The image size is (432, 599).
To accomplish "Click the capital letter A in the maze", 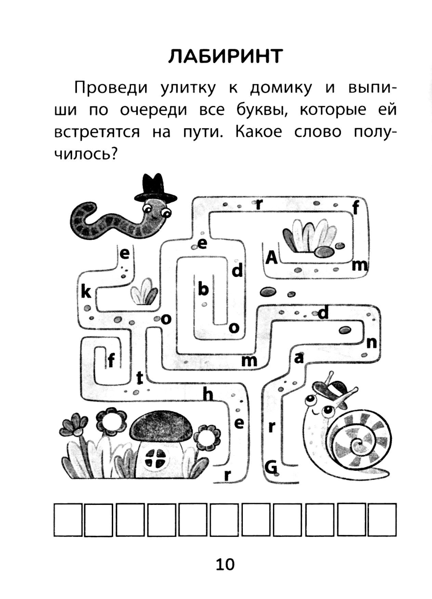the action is click(x=271, y=258).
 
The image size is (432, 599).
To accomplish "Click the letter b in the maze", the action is click(x=203, y=289).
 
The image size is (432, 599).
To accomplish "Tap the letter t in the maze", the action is click(x=140, y=378).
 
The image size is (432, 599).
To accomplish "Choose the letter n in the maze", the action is click(x=371, y=343).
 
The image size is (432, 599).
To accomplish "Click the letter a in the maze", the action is click(x=299, y=358).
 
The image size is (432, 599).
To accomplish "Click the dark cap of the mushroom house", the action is click(x=161, y=428).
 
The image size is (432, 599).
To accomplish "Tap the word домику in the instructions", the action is click(x=281, y=89).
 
